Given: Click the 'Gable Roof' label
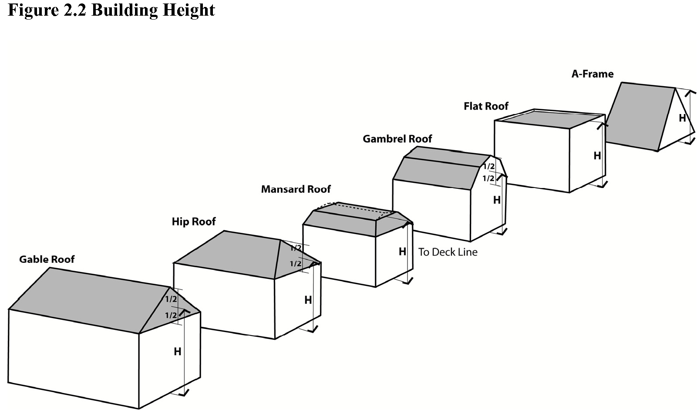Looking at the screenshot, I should click(47, 259).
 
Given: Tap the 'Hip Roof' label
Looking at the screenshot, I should click(193, 222).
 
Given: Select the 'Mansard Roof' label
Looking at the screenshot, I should click(296, 189).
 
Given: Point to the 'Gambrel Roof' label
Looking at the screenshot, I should click(397, 139).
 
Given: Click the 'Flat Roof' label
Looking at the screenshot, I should click(486, 106).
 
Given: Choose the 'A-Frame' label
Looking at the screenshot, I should click(592, 74).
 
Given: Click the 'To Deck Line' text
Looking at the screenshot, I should click(448, 252).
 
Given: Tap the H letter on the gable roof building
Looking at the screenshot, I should click(177, 352).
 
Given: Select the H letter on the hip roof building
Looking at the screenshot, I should click(308, 300).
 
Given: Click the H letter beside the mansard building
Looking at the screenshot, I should click(402, 252).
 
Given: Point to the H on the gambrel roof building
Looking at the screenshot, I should click(497, 200).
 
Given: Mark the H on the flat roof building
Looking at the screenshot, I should click(597, 156).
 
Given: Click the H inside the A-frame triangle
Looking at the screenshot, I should click(682, 118).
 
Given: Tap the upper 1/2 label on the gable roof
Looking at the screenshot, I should click(171, 299).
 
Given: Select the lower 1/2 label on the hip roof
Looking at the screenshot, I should click(296, 264).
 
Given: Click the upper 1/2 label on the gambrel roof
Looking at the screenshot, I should click(489, 167).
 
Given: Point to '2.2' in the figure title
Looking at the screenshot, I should click(75, 10).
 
